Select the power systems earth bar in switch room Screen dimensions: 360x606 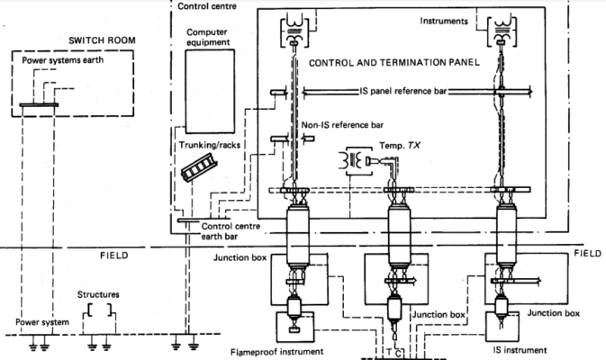point(38,105)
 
